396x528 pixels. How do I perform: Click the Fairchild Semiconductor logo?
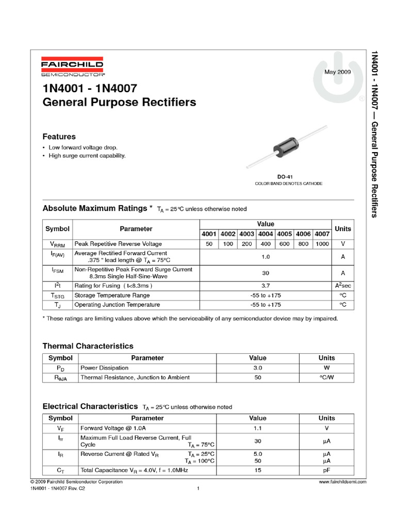72,67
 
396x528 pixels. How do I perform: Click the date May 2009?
337,72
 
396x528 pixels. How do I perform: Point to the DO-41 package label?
285,177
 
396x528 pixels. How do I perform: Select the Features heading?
59,137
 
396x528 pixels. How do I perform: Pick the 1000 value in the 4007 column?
322,243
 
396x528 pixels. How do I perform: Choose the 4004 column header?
266,234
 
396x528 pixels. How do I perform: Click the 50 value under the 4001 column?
209,243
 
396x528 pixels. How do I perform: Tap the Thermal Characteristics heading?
88,346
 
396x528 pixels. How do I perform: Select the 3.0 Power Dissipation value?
258,368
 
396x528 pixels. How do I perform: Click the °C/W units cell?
327,377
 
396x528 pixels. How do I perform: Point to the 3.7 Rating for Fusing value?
266,285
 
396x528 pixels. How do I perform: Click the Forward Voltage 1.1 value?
258,428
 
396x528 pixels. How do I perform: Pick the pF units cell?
327,470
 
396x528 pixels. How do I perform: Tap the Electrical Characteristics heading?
90,406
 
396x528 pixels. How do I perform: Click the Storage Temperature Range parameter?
112,295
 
